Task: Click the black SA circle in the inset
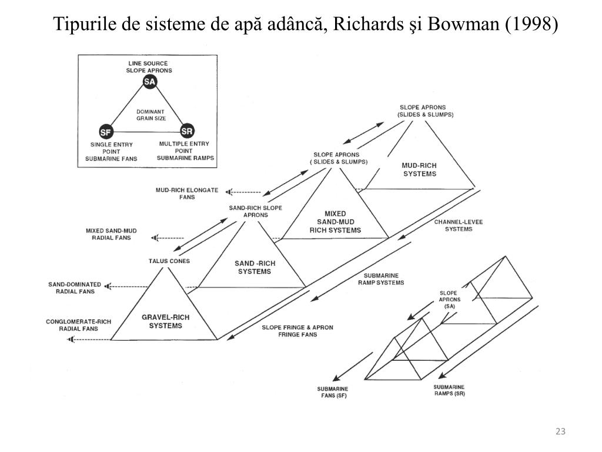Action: (149, 82)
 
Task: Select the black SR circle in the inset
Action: (187, 130)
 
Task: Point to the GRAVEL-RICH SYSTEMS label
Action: (165, 321)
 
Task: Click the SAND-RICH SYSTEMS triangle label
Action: (254, 267)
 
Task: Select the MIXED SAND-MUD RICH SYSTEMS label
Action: (335, 221)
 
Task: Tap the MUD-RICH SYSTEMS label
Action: (419, 169)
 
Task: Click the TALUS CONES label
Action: (169, 261)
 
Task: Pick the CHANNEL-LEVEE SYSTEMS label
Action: (453, 225)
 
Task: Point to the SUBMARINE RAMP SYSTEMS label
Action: (381, 279)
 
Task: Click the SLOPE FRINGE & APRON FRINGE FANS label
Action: (289, 331)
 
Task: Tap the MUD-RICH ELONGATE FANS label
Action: (186, 194)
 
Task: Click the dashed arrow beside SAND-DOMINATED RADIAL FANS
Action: (126, 287)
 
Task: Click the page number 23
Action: (560, 433)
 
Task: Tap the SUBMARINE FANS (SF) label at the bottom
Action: (333, 393)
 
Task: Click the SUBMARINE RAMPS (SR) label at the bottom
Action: (449, 390)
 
